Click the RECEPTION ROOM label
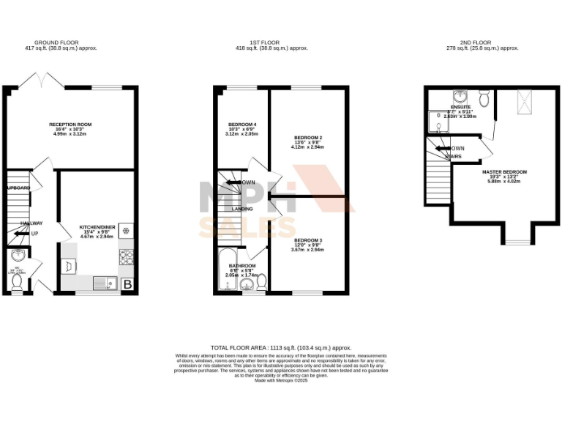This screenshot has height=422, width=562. (x=69, y=125)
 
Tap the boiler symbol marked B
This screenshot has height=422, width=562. (x=128, y=284)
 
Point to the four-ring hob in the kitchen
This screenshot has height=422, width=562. (x=125, y=256)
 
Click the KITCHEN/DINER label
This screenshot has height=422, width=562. (x=97, y=228)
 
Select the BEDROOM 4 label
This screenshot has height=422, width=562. (x=241, y=125)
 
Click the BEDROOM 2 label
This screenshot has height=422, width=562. (x=308, y=138)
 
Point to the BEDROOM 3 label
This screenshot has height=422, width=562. (x=308, y=240)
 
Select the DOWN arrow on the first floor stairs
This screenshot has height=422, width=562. (x=233, y=182)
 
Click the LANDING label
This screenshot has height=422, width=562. (x=242, y=209)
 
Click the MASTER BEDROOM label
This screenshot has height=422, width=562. (x=504, y=171)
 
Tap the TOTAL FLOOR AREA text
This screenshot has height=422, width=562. (x=280, y=347)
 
